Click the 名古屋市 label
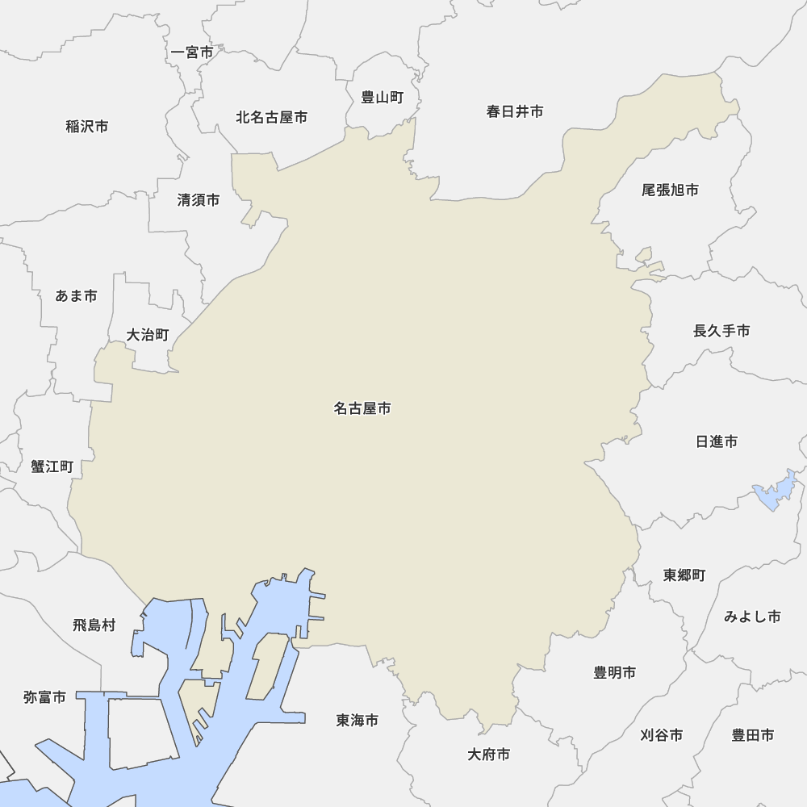coord(362,409)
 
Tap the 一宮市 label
coord(193,52)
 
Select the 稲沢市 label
coord(87,127)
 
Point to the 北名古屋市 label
coord(271,118)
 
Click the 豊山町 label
coord(382,98)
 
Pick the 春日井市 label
coord(515,111)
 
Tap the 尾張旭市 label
coord(670,190)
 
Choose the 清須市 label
coord(199,200)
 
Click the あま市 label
coord(77,296)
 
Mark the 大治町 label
coord(148,335)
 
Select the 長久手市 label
coord(721,331)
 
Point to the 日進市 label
coord(717,441)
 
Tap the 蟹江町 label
coord(52,466)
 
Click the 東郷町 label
coord(684,575)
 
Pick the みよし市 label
coord(752,617)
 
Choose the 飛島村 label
coord(94,625)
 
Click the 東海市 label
coord(358,720)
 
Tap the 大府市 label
coord(489,755)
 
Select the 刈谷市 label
coord(662,735)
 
